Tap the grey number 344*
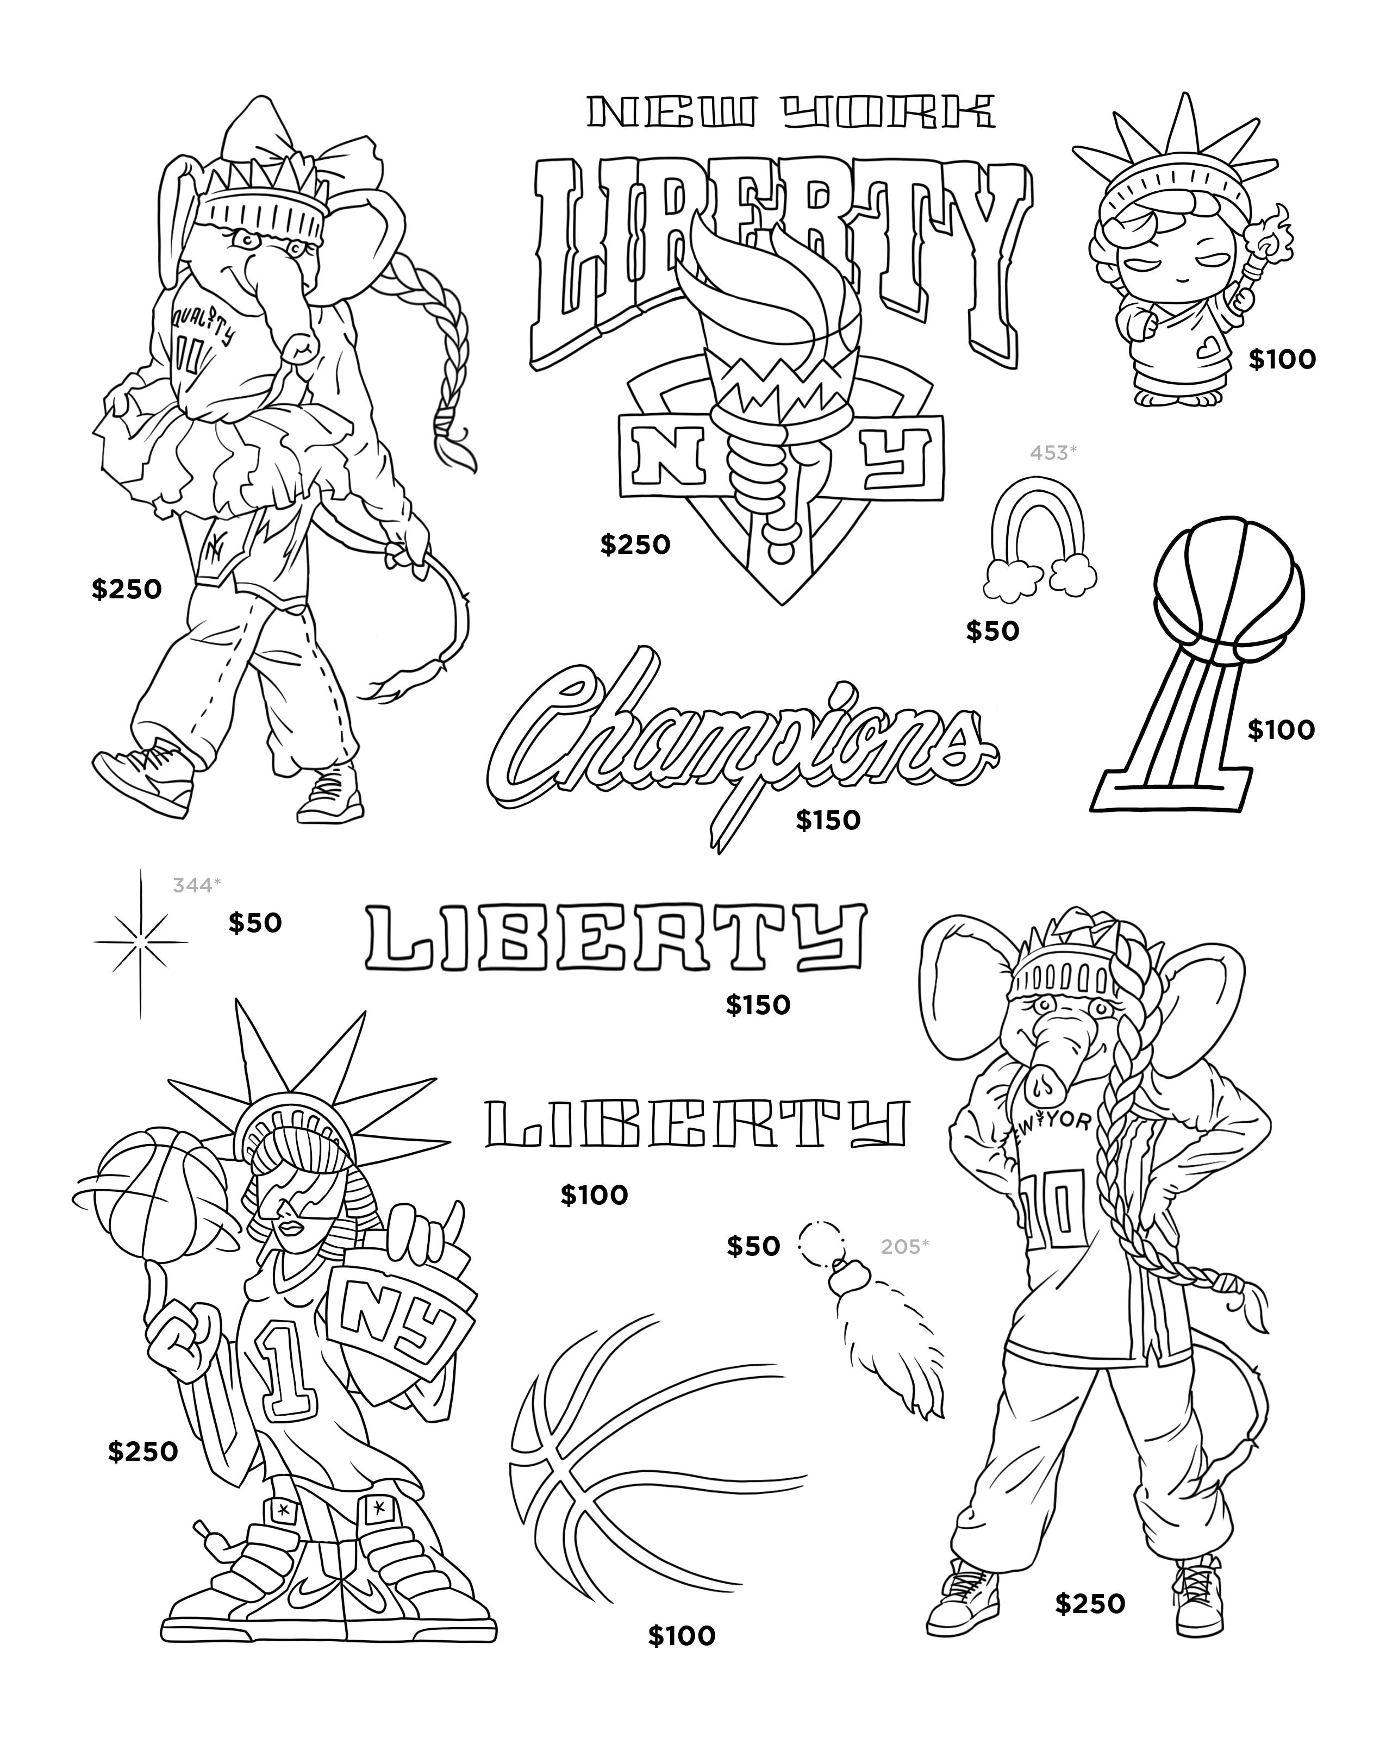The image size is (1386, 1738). tap(196, 885)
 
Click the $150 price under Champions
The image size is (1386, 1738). tap(828, 820)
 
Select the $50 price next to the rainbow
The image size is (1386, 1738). tap(992, 630)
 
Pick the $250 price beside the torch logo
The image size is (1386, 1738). tap(634, 545)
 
